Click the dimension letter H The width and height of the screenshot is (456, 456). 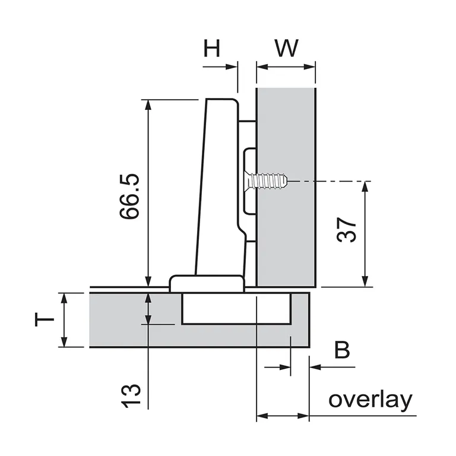tap(212, 47)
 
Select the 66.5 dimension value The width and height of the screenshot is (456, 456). tap(129, 197)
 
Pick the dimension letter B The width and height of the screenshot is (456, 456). tap(342, 350)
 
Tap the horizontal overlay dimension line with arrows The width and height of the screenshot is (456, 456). tap(282, 416)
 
